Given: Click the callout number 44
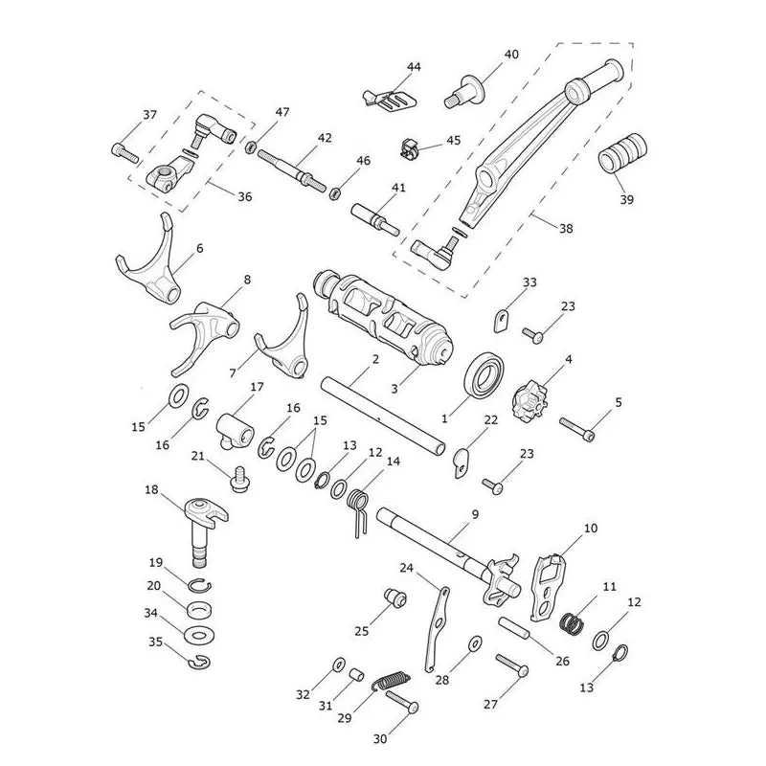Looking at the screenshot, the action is coord(414,66).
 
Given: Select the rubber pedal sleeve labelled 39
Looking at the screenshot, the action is coord(622,152).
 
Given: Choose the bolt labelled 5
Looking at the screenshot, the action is coord(577,429).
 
